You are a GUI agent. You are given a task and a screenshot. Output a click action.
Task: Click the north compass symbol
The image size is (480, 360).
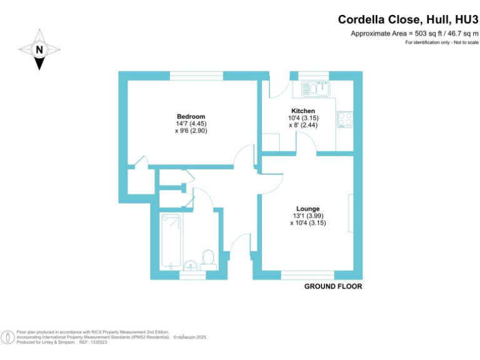pyautogui.click(x=39, y=49)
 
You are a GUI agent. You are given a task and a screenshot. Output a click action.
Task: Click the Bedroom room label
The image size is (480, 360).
pyautogui.click(x=191, y=117)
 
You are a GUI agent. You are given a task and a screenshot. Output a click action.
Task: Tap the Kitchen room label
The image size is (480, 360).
pyautogui.click(x=303, y=111)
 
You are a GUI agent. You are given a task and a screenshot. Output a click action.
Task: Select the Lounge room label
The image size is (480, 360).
pyautogui.click(x=308, y=209)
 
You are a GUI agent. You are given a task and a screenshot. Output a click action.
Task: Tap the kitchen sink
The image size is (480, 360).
pyautogui.click(x=322, y=89)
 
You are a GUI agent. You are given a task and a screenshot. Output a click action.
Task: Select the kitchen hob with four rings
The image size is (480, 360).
pyautogui.click(x=344, y=119)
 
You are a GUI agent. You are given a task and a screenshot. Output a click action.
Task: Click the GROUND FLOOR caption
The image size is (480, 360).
pyautogui.click(x=333, y=287)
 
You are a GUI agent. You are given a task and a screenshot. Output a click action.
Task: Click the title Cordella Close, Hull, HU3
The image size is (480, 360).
pyautogui.click(x=408, y=20)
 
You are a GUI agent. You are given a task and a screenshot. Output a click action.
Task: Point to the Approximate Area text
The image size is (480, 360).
pyautogui.click(x=414, y=33)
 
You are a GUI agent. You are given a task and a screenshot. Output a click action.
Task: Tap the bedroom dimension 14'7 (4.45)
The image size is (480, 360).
pyautogui.click(x=191, y=124)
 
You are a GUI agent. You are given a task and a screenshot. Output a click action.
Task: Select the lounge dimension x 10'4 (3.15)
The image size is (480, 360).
pyautogui.click(x=308, y=222)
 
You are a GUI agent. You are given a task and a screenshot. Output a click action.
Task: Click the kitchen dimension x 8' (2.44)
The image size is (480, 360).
pyautogui.click(x=303, y=125)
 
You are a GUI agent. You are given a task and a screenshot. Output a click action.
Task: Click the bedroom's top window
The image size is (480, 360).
pyautogui.click(x=196, y=76)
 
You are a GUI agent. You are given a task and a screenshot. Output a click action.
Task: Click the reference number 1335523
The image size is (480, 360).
pyautogui.click(x=96, y=342)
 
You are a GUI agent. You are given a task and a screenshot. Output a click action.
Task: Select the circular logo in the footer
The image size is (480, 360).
pyautogui.click(x=7, y=337)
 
